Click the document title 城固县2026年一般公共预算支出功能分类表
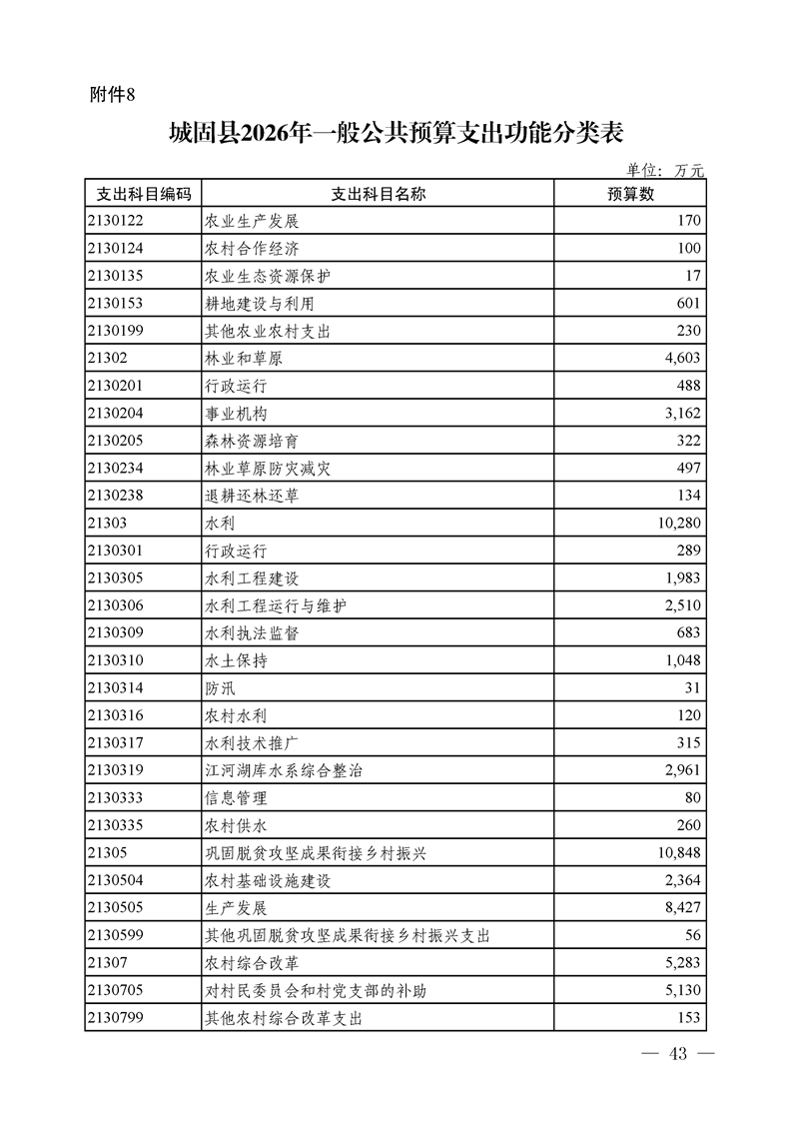[x=396, y=134]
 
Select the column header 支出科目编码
[x=142, y=194]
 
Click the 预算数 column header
[x=630, y=194]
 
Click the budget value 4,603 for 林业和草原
[x=682, y=358]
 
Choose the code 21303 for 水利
[x=107, y=523]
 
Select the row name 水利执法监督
[x=252, y=633]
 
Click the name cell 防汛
[x=220, y=688]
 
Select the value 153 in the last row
[x=689, y=1018]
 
